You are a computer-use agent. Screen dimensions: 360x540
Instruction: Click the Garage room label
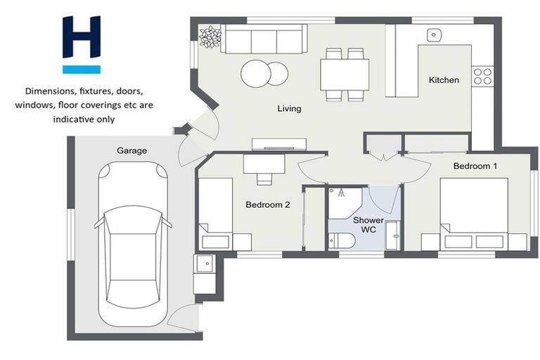132,150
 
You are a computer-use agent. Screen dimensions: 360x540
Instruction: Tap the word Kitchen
444,80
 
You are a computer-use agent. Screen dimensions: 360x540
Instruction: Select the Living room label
289,109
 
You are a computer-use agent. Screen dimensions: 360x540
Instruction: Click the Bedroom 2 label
267,205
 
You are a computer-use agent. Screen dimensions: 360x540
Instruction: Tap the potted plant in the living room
210,37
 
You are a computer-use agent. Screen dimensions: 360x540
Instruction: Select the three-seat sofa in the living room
263,39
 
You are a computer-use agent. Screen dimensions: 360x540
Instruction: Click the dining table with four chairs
345,74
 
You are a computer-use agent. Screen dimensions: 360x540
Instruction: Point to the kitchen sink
435,34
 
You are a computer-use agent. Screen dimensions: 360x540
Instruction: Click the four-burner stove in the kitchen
482,76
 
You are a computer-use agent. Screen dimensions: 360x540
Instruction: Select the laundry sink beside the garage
205,265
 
